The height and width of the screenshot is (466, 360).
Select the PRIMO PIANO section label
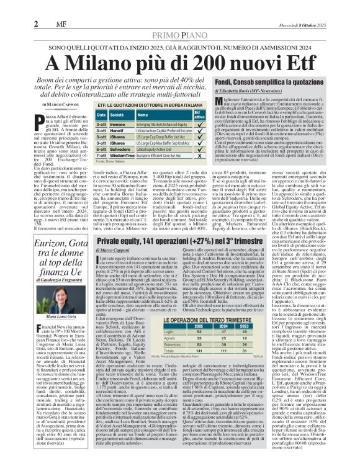[x=180, y=19]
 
